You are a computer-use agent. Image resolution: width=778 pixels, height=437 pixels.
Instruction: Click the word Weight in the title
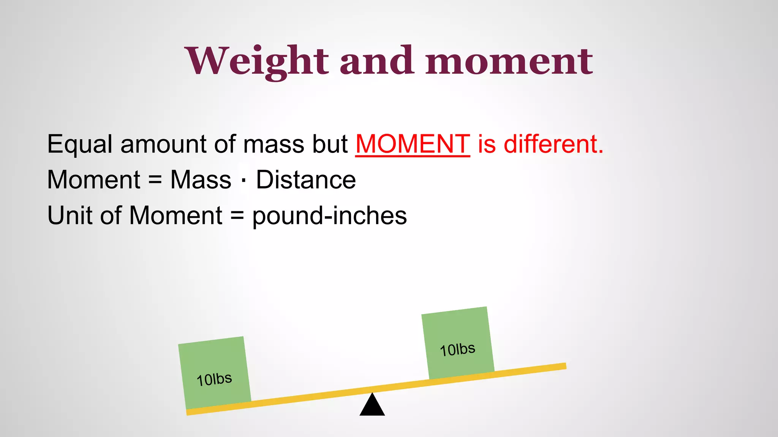coord(257,61)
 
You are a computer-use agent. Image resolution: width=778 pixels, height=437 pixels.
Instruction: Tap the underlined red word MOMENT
coord(413,144)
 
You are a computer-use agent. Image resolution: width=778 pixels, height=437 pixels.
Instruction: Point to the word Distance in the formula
coord(306,180)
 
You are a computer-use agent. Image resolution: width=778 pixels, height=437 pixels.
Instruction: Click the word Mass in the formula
coord(201,180)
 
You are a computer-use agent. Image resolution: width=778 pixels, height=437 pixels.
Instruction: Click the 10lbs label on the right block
coord(457,349)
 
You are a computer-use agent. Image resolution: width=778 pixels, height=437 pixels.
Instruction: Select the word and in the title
coord(376,61)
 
